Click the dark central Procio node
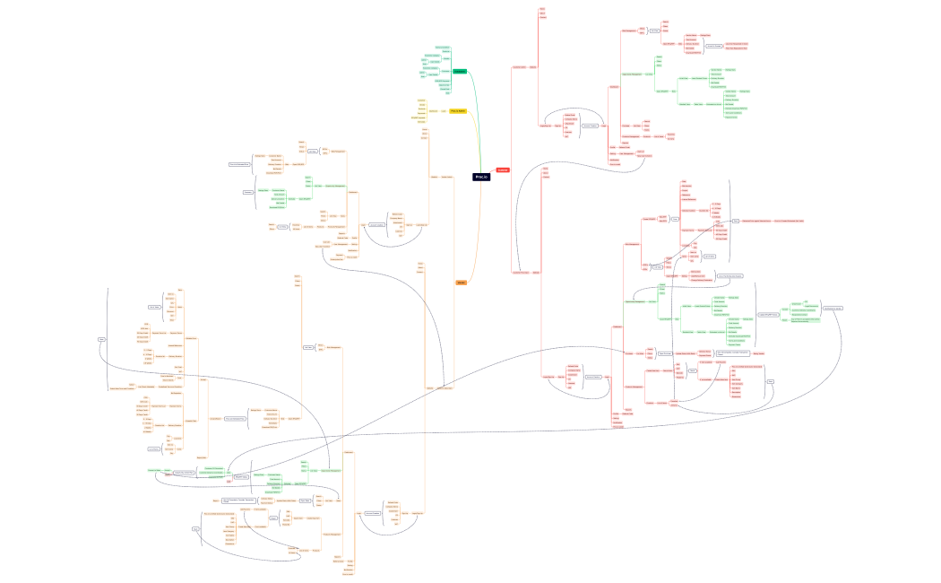pyautogui.click(x=481, y=177)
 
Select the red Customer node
pyautogui.click(x=503, y=170)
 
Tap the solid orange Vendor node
pyautogui.click(x=462, y=283)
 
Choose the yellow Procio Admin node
pyautogui.click(x=457, y=111)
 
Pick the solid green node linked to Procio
pyautogui.click(x=459, y=71)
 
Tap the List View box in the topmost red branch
pyautogui.click(x=654, y=30)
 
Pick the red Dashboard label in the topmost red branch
pyautogui.click(x=615, y=87)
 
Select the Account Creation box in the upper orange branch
pyautogui.click(x=376, y=224)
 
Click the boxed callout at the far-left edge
pyautogui.click(x=101, y=339)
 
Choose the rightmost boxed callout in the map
pyautogui.click(x=833, y=309)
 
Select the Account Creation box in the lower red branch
pyautogui.click(x=592, y=377)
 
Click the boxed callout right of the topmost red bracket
pyautogui.click(x=713, y=45)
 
